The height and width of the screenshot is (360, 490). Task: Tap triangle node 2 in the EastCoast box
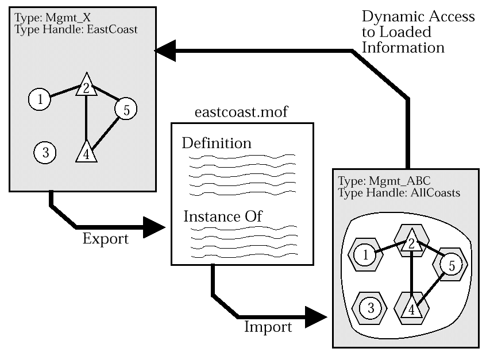point(86,86)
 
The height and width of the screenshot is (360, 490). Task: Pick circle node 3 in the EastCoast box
point(45,152)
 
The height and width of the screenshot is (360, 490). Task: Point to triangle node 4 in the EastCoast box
point(85,152)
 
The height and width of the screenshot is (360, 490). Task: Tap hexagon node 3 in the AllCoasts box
point(371,308)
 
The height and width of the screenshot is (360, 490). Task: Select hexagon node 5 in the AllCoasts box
point(451,265)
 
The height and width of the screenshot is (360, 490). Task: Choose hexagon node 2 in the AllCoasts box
point(412,241)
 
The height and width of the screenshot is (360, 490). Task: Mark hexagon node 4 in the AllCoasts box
point(411,308)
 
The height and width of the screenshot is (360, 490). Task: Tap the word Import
point(268,328)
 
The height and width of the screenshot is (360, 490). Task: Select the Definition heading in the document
point(217,142)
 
